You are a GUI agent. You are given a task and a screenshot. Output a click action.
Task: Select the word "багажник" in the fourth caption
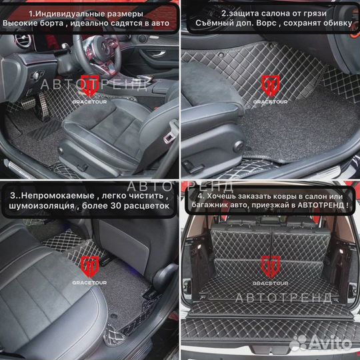215,207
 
